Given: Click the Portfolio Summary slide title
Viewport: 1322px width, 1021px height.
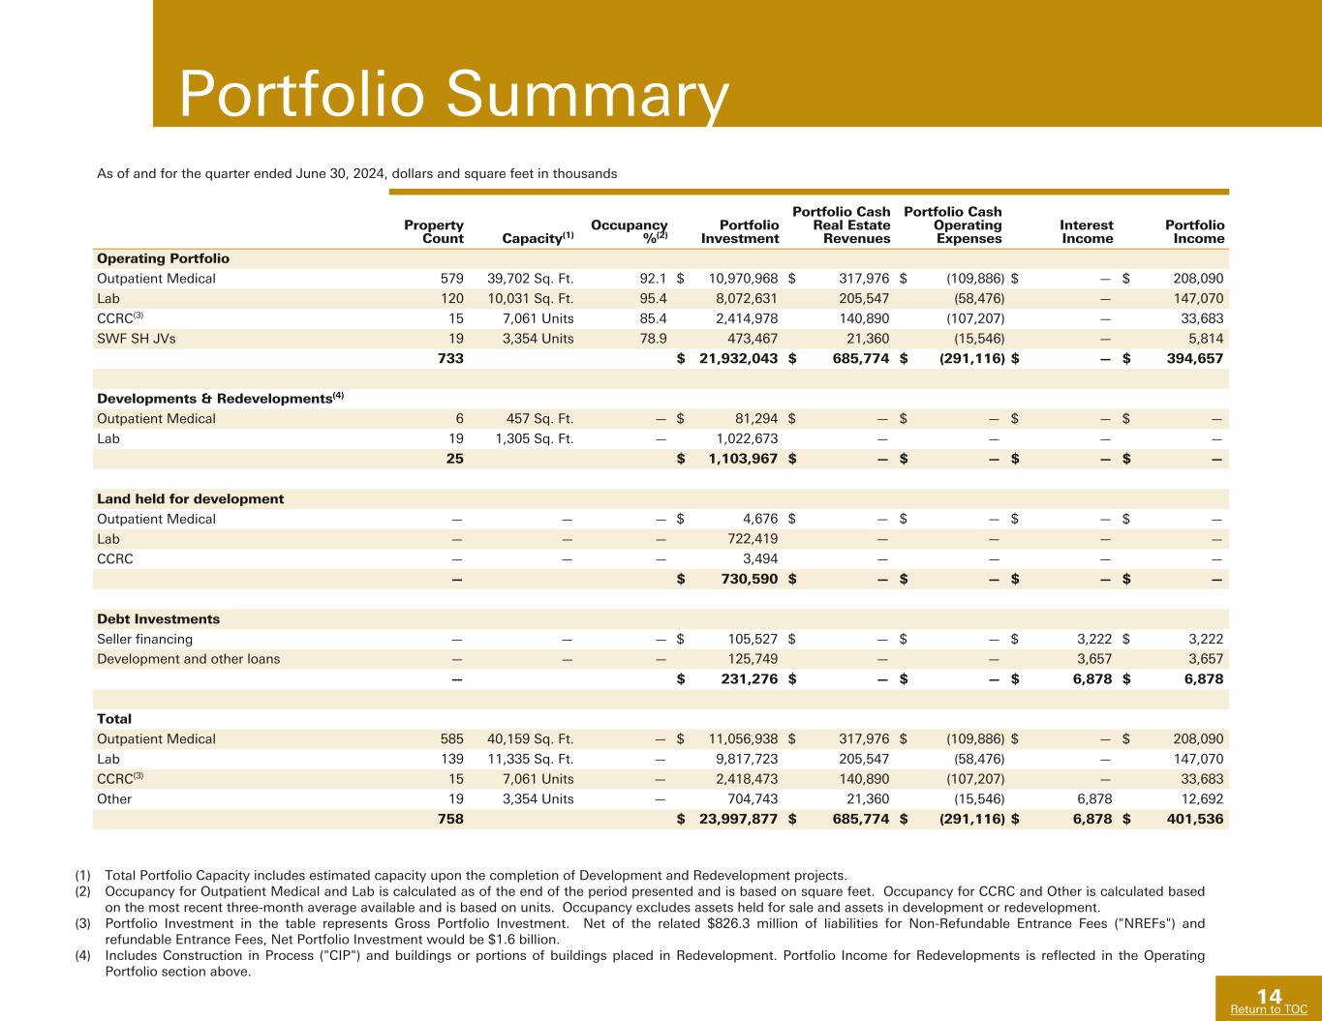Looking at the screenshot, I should (453, 95).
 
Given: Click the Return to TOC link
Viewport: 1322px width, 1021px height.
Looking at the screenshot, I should (1268, 1009).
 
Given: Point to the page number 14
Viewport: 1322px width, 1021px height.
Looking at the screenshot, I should (1269, 996).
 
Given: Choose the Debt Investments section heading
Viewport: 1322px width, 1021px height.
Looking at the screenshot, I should (158, 619).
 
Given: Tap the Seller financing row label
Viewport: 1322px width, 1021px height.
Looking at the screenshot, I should (145, 639).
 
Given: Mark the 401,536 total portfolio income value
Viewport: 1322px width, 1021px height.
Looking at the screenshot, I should (1187, 819).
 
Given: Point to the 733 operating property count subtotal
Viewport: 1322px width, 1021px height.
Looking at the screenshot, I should (450, 359).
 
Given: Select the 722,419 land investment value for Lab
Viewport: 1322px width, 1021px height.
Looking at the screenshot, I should (753, 539).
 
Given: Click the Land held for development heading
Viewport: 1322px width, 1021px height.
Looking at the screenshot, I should (191, 499).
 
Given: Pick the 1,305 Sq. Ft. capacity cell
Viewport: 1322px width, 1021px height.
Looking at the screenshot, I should (534, 438).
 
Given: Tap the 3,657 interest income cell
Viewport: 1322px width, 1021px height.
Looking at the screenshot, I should (1093, 659).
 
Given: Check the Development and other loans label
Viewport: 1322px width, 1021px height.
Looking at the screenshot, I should (189, 659).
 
